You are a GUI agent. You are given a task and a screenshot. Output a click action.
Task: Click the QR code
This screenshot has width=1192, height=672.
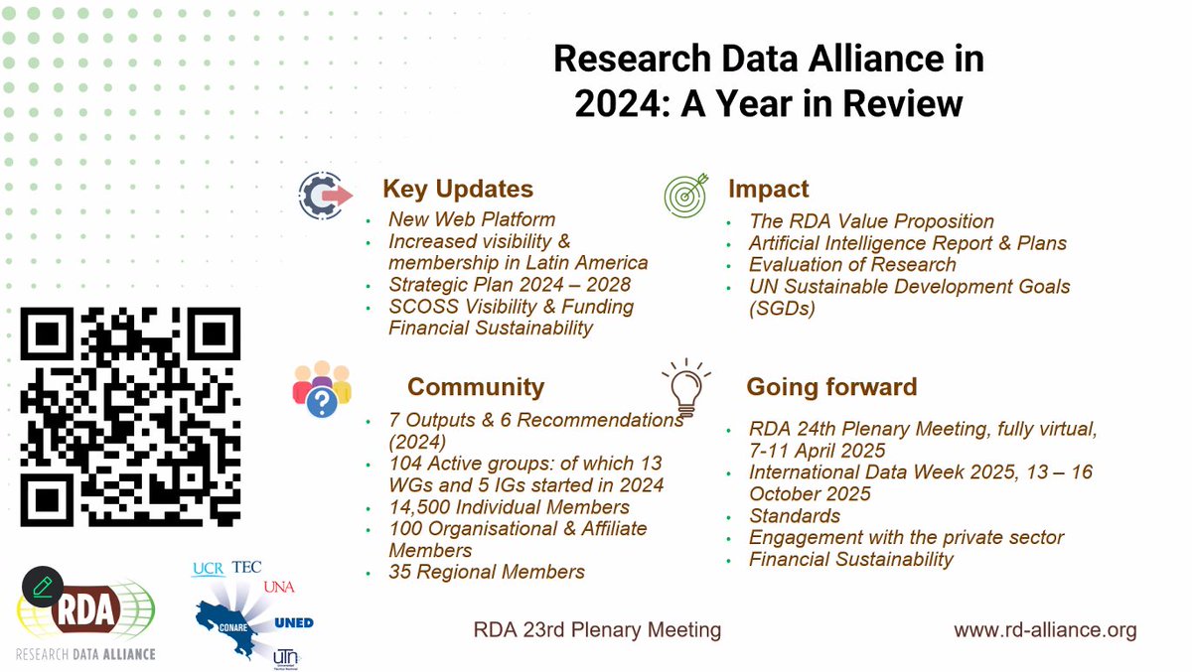click(130, 417)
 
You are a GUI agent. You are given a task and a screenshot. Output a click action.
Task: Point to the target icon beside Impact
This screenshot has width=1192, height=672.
click(686, 194)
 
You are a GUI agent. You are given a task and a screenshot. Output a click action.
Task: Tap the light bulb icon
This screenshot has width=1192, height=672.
click(686, 387)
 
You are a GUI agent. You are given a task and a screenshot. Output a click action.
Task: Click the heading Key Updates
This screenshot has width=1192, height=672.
click(458, 190)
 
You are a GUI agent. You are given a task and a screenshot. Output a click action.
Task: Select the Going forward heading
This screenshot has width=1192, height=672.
click(831, 386)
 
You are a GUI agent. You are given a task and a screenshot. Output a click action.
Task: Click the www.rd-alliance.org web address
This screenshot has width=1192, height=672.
click(1045, 630)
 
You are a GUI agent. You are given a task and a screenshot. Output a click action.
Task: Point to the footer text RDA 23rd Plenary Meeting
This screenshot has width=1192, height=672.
click(596, 630)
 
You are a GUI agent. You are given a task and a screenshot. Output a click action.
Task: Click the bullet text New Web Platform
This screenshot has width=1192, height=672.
click(472, 219)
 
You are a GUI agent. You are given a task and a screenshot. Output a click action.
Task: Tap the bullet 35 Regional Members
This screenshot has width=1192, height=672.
click(487, 572)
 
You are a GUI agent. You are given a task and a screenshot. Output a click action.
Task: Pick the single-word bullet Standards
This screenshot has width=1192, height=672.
click(795, 516)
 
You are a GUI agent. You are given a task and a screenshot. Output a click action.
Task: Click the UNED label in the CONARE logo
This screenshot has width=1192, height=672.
click(293, 622)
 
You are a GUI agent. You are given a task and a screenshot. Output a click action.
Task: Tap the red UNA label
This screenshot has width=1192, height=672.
click(279, 587)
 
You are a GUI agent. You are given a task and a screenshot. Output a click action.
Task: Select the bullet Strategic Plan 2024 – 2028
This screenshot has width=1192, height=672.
click(510, 285)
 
